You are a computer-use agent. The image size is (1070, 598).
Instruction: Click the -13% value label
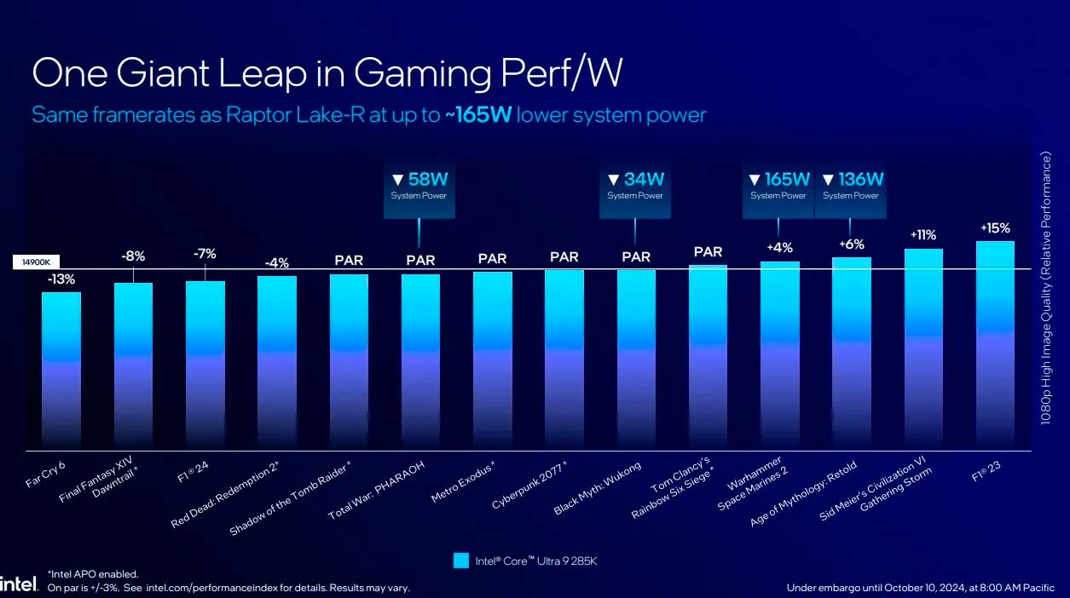click(x=61, y=279)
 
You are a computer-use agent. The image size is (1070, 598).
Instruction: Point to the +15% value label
click(x=995, y=227)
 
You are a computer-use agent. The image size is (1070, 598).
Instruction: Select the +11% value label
click(x=923, y=234)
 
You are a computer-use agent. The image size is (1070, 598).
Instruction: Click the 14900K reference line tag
click(x=36, y=263)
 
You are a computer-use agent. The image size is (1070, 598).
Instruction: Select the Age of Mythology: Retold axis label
click(x=803, y=494)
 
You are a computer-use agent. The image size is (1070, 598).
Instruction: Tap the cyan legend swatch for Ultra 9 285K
click(x=460, y=561)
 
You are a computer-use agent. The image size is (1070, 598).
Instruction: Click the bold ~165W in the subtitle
click(x=477, y=115)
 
